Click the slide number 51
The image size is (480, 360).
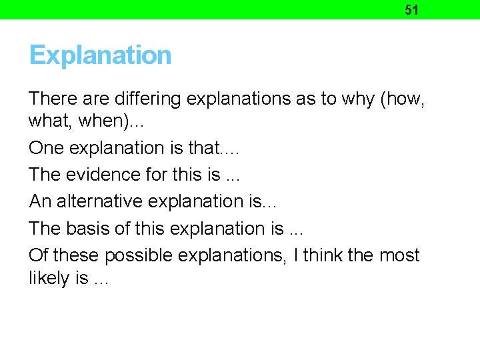click(412, 10)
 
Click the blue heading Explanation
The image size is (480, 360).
click(100, 55)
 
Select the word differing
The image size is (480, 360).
click(148, 99)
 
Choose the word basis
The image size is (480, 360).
click(87, 228)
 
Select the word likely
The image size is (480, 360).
click(49, 279)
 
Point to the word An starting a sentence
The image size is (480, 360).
click(39, 201)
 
